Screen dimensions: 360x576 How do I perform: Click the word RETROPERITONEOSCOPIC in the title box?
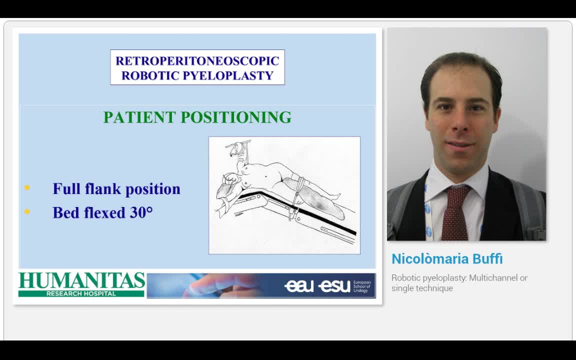[197, 61]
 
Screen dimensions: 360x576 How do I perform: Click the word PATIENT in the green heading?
[139, 117]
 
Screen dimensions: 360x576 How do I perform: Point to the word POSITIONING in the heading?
[236, 117]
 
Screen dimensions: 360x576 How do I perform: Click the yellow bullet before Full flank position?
[27, 188]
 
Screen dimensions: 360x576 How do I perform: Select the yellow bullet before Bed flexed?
[27, 212]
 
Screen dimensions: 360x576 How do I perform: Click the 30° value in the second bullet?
[141, 212]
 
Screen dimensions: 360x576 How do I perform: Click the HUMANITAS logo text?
[81, 281]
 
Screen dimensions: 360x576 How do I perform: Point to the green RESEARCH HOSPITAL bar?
[81, 293]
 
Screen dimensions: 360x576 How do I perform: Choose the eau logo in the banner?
[299, 285]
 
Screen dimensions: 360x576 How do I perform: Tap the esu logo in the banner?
[334, 285]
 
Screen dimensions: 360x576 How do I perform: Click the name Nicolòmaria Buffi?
[446, 259]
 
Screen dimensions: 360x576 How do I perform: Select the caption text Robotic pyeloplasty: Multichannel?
[459, 278]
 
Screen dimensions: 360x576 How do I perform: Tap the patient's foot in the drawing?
[336, 196]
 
